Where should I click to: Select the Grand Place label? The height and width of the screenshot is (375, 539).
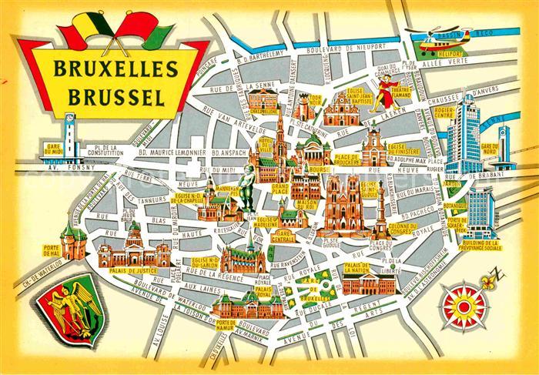pyautogui.click(x=256, y=187)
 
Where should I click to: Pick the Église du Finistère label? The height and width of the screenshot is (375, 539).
pyautogui.click(x=401, y=149)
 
